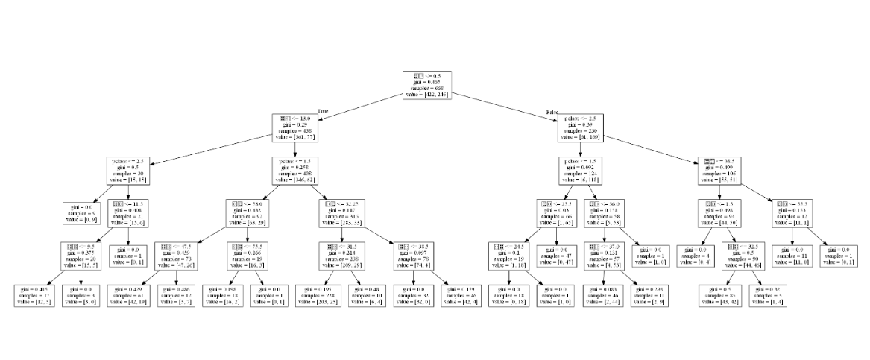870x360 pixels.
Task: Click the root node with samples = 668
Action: point(428,86)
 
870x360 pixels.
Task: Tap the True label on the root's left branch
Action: point(323,111)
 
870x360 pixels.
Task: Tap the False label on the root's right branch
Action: point(552,112)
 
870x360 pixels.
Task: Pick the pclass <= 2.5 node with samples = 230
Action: point(579,127)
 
